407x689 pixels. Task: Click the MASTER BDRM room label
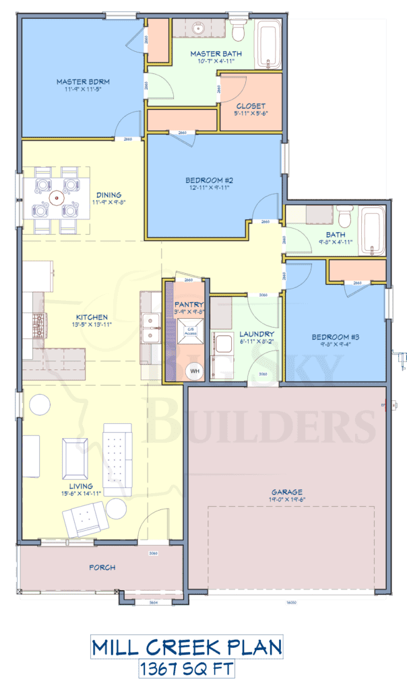tap(83, 82)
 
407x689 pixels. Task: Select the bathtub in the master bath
tap(270, 44)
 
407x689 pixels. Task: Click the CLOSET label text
tap(251, 106)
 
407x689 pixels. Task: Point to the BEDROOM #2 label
tap(209, 180)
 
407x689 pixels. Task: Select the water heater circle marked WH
tap(195, 371)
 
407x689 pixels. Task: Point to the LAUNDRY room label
tap(255, 334)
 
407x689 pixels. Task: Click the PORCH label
tap(102, 567)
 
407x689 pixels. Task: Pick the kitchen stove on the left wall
tap(36, 325)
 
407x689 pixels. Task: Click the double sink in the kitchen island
tap(150, 328)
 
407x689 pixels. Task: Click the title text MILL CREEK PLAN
tap(187, 648)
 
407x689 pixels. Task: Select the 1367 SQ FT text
tap(187, 668)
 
